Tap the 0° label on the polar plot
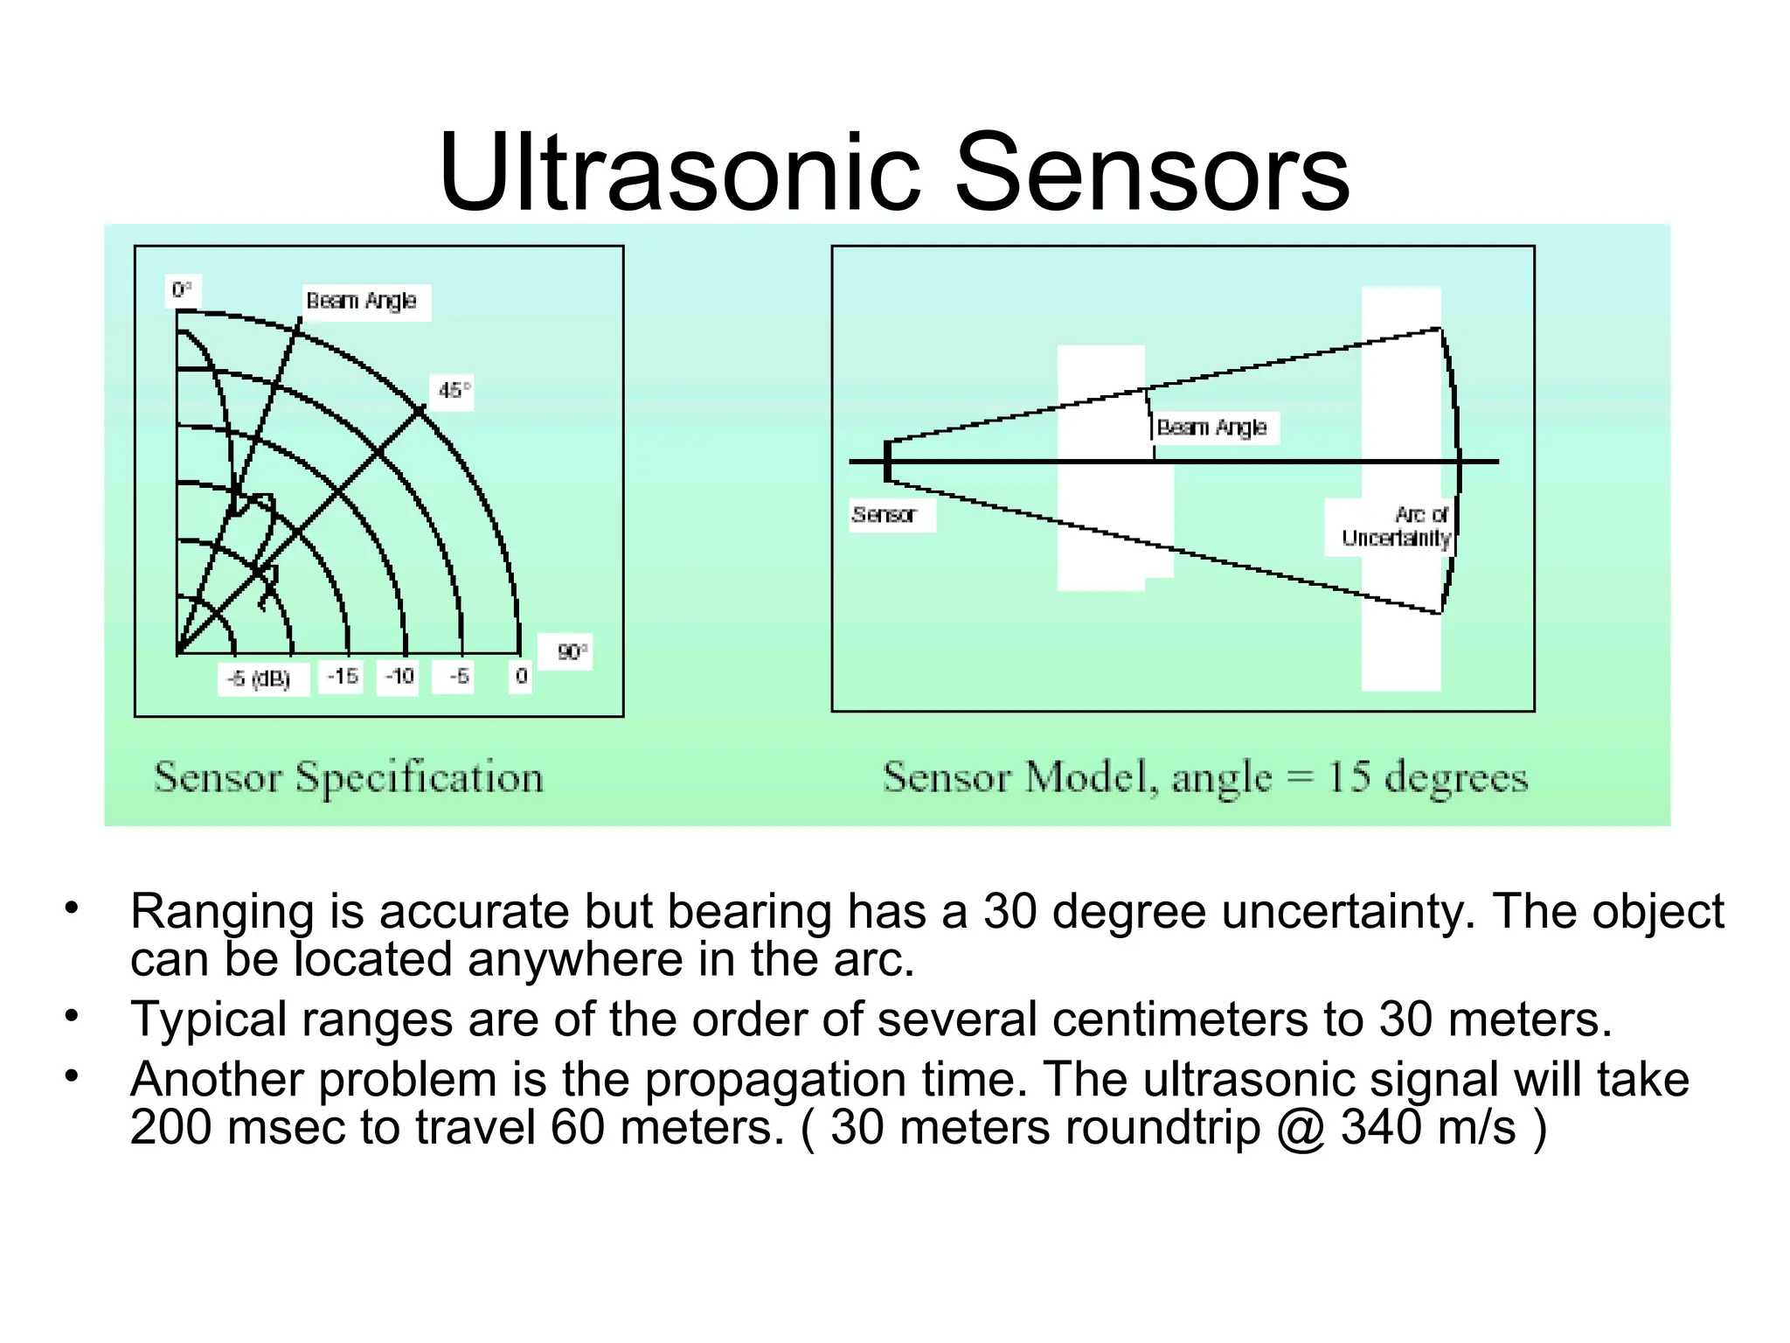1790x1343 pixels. coord(182,290)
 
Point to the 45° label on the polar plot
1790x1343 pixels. coord(454,391)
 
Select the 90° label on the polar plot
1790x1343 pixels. coord(572,652)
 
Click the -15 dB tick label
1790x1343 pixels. coord(343,676)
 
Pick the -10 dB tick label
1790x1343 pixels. coord(399,676)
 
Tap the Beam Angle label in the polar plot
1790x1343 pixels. coord(361,301)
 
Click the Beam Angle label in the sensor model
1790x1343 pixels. coord(1211,428)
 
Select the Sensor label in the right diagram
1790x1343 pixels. coord(884,515)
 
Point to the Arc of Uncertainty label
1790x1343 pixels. coord(1397,526)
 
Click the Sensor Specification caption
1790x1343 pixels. coord(349,777)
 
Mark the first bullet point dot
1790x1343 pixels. coord(72,908)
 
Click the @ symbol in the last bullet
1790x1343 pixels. coord(1301,1128)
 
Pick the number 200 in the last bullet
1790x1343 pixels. coord(171,1128)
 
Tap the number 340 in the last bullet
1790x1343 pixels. coord(1382,1128)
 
